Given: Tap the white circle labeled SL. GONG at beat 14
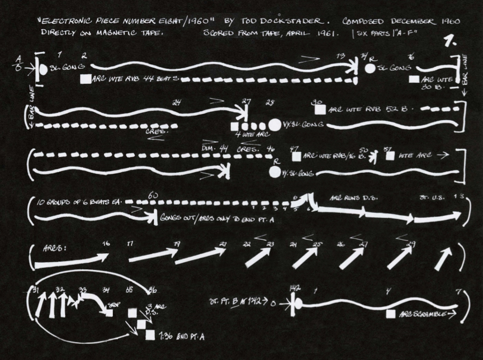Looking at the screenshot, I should [370, 69].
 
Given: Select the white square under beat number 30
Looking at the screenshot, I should [321, 110].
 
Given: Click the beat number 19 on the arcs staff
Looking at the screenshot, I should [177, 244].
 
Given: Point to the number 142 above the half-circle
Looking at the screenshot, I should [296, 289].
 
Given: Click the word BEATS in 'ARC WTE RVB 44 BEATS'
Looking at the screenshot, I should [166, 79].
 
